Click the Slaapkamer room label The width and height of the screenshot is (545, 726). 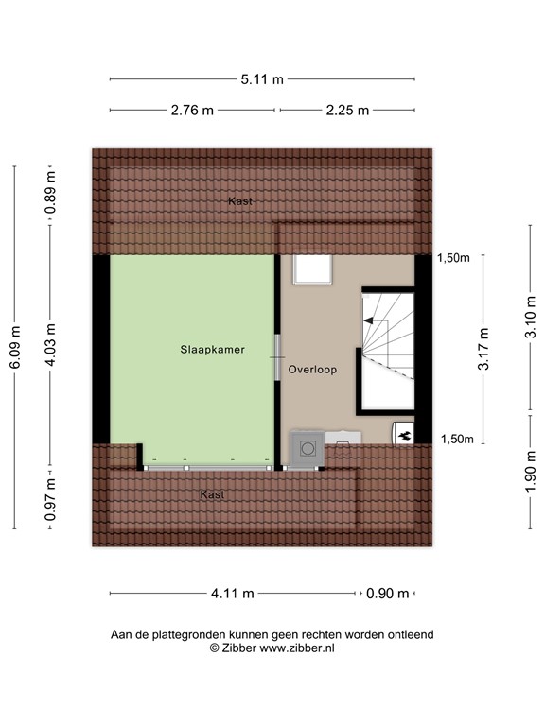(213, 349)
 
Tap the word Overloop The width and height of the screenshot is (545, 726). (313, 371)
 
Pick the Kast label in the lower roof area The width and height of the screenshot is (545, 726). (212, 494)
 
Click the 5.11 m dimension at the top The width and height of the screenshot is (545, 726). (262, 79)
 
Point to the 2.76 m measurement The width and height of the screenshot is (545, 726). (192, 110)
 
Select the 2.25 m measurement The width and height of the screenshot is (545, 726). (345, 110)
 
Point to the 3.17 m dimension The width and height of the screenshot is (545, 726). (483, 349)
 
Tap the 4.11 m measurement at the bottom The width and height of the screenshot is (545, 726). (232, 594)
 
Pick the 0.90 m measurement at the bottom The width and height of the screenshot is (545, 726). (388, 594)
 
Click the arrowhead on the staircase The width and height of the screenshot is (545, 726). (369, 321)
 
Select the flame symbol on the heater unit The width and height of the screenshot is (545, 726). (404, 435)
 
